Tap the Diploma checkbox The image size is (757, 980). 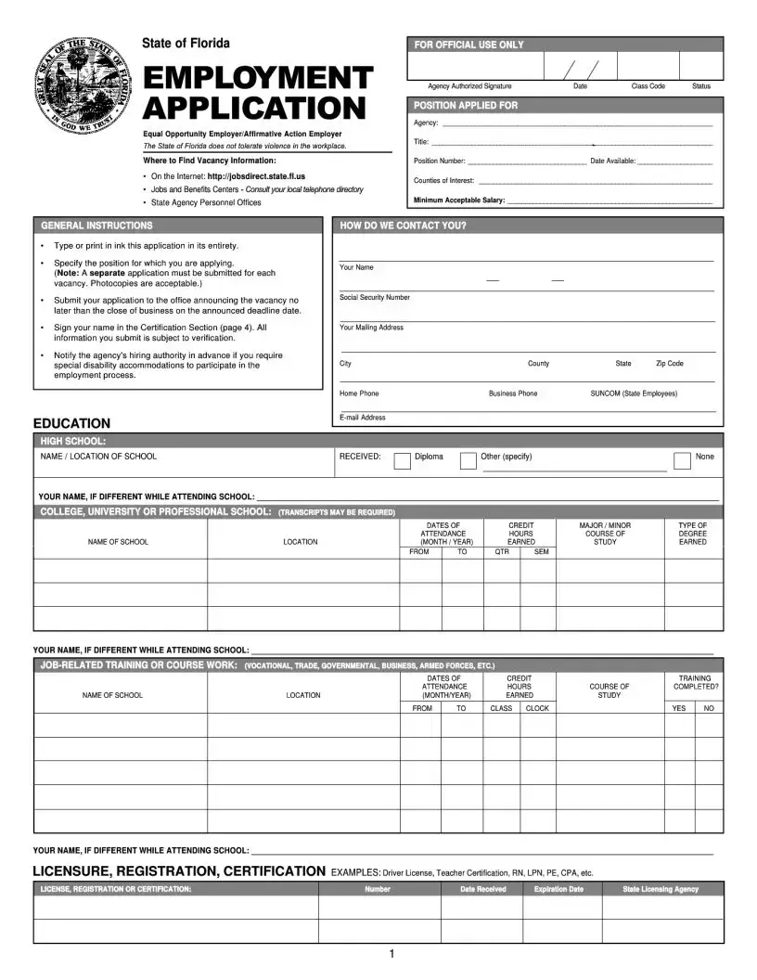(x=403, y=461)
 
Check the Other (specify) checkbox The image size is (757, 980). (x=468, y=461)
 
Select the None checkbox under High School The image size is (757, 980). (x=682, y=461)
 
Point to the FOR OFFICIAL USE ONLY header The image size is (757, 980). (x=468, y=45)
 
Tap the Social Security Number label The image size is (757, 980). (x=375, y=298)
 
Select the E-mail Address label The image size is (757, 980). (x=363, y=418)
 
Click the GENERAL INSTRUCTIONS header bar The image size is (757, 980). (x=96, y=226)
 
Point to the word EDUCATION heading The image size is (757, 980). (x=71, y=423)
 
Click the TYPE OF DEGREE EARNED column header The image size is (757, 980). (x=692, y=534)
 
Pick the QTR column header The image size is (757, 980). (x=502, y=552)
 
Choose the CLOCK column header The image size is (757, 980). (x=537, y=708)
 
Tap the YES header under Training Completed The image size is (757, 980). (x=679, y=708)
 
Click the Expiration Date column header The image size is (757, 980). (x=558, y=889)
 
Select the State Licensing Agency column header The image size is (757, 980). (x=661, y=889)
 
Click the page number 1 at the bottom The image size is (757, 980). (x=392, y=954)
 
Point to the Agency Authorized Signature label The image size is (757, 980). (x=469, y=86)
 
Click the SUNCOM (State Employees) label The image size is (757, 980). (x=634, y=393)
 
